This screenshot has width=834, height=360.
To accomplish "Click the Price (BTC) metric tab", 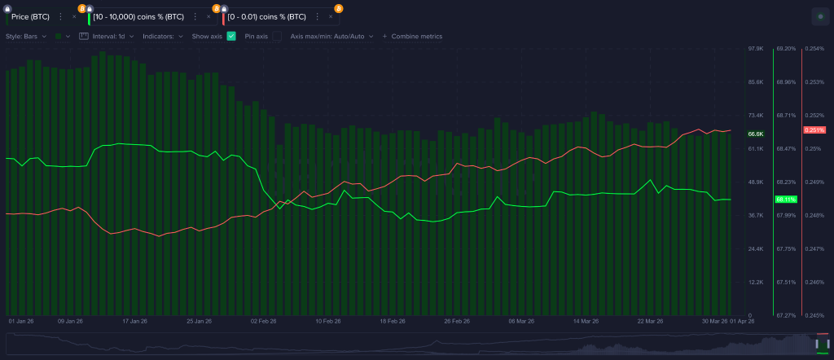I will click(x=30, y=16).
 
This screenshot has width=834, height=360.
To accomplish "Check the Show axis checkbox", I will click(x=231, y=37).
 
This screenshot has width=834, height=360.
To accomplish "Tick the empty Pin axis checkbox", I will click(x=276, y=37).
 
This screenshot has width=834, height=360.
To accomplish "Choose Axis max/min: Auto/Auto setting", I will click(x=331, y=37).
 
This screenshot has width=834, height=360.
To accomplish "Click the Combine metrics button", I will click(x=413, y=37).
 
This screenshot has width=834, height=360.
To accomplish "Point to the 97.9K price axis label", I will click(x=755, y=49).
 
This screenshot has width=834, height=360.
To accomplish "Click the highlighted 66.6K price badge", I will click(x=755, y=134).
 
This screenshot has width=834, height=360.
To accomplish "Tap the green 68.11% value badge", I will click(x=786, y=199).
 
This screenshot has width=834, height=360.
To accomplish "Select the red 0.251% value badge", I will click(x=814, y=130).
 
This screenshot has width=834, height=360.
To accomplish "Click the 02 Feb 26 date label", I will click(x=264, y=322).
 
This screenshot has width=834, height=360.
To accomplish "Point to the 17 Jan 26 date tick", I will click(x=135, y=322).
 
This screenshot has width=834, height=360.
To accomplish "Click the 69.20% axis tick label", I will click(x=786, y=49).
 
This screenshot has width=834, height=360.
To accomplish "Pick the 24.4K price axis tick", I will click(x=755, y=248).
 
